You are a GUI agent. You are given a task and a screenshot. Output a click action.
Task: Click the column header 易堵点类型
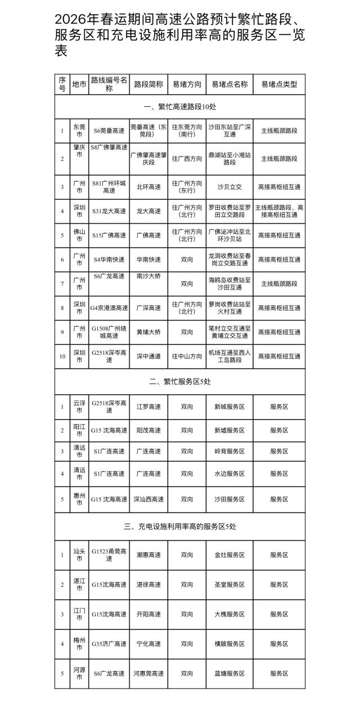coord(279,84)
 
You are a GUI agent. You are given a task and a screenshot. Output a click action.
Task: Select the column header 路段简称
coord(148,84)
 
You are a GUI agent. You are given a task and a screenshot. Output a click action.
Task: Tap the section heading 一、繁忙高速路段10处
coord(180,106)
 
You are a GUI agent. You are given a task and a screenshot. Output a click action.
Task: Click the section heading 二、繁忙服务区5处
coord(180,381)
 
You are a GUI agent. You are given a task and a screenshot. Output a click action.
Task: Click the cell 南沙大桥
coord(148,277)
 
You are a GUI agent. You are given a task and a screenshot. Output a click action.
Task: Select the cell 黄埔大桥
coord(148,332)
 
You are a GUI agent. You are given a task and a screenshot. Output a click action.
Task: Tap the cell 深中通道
coord(148,356)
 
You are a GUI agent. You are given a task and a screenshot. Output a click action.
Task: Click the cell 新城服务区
coord(229,406)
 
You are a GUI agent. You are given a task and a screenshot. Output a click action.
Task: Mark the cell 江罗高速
coord(148,406)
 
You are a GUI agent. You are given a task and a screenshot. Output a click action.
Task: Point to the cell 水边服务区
coord(229,474)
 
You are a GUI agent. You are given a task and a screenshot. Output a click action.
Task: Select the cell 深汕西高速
coord(148,499)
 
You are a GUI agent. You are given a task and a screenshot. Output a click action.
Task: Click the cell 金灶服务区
coord(229,555)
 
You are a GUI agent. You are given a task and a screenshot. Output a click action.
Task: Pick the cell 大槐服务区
coord(229,614)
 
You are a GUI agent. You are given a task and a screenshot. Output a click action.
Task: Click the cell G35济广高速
coord(109,643)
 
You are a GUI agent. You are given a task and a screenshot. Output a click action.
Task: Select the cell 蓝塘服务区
coord(229,673)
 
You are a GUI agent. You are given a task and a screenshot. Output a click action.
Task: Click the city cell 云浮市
coord(79,406)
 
